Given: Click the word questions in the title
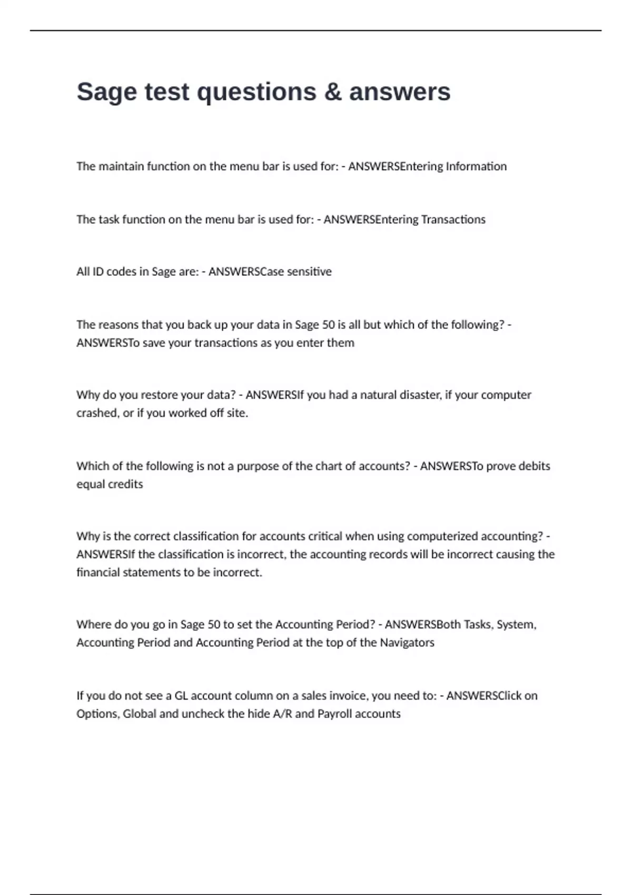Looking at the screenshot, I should [256, 92].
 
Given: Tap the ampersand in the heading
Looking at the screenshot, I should [333, 92].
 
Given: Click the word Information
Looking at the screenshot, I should [476, 166].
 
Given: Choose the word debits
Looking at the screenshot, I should [534, 466].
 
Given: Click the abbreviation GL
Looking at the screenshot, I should [181, 695].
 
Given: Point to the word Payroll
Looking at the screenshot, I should [338, 713].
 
